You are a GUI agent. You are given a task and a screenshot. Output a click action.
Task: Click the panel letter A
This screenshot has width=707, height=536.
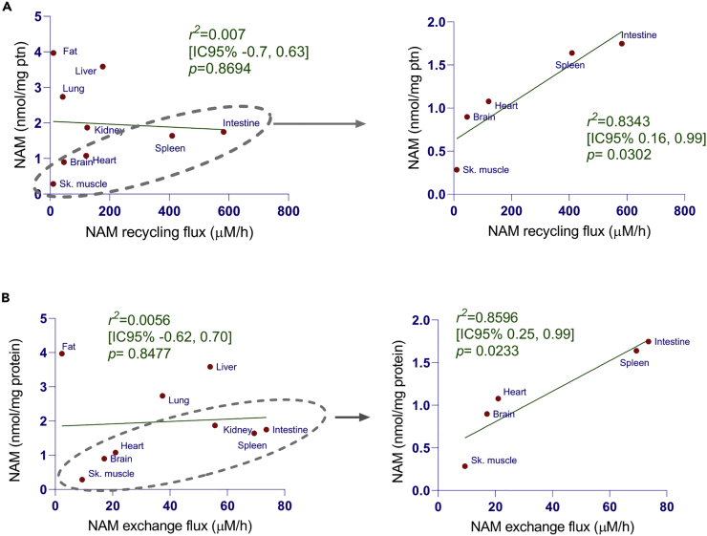[6, 7]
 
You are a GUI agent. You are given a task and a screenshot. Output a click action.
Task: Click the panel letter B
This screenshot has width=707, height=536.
[6, 300]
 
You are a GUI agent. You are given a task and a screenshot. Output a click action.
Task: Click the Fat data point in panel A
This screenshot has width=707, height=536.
[53, 53]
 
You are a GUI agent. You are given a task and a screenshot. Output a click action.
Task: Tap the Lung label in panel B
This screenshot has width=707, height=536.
[179, 400]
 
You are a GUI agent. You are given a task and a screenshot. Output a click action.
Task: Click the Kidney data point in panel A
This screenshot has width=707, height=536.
[87, 127]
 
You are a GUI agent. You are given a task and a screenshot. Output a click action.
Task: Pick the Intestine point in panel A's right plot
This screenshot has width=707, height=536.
[621, 43]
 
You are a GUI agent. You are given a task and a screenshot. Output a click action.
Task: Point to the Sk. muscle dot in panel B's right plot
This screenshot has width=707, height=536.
[465, 466]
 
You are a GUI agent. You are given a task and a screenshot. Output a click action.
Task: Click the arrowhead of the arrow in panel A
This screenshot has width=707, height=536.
[358, 123]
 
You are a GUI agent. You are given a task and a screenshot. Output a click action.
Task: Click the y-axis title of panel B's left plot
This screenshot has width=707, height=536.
[12, 403]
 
